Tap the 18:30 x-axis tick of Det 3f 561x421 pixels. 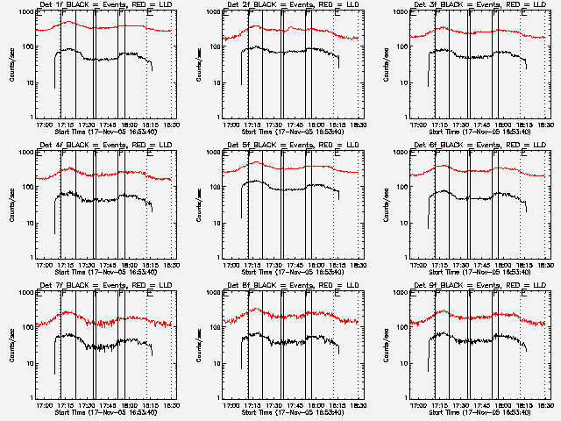(x=545, y=125)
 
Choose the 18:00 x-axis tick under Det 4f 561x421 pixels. (x=129, y=266)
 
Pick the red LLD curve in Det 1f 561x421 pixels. (x=105, y=27)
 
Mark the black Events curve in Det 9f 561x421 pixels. (x=482, y=339)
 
